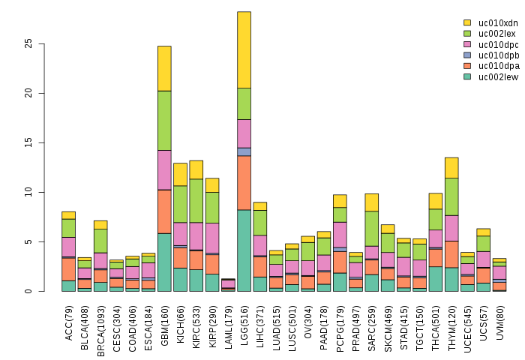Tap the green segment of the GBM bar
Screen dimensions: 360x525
164,120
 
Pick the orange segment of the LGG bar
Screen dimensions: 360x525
244,182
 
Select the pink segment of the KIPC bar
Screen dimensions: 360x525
196,235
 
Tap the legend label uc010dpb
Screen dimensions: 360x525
496,55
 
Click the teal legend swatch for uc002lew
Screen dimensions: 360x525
467,76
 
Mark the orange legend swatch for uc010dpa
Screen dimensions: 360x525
467,66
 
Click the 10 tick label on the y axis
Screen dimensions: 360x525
28,192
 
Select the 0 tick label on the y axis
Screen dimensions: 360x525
28,291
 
